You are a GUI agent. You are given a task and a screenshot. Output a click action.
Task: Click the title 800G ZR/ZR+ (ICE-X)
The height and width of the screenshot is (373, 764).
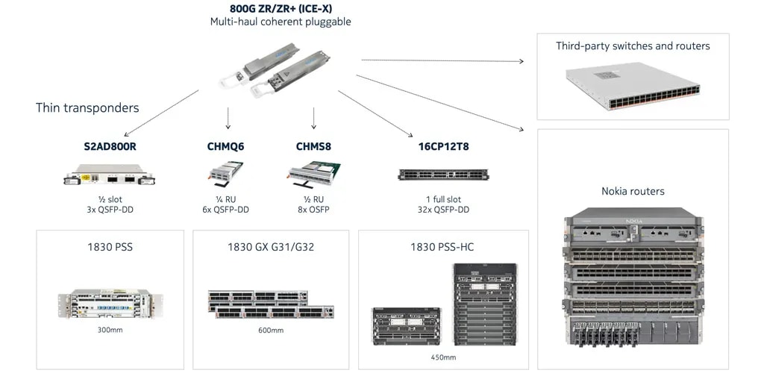pos(280,9)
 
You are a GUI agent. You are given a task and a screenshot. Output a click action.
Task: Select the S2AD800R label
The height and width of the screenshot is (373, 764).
pos(110,146)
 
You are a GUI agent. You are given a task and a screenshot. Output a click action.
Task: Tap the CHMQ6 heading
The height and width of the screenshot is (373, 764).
pos(225,146)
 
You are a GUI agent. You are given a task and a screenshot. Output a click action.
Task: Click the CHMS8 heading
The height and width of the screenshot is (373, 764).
pos(313,146)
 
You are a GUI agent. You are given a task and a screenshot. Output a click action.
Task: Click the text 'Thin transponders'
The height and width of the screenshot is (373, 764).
pos(87,107)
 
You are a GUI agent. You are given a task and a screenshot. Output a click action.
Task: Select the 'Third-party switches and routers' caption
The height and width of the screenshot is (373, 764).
pos(633,46)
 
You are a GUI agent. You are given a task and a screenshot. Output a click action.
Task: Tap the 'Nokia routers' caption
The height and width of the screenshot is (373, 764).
pos(633,191)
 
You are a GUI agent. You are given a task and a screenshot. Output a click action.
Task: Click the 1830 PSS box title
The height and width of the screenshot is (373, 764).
pos(110,246)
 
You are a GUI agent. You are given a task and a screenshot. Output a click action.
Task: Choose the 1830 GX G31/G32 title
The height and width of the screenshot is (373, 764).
pos(271,246)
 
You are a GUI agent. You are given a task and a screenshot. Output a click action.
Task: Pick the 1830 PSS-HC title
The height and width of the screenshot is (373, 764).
pos(442,246)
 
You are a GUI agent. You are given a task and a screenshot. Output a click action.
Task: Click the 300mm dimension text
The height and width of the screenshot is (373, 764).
pos(110,329)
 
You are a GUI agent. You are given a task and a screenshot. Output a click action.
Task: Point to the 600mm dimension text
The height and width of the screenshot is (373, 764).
pos(271,330)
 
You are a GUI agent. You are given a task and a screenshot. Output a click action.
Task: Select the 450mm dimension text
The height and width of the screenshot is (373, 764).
pos(443,357)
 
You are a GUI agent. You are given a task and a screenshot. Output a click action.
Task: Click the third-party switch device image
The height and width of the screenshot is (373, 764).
pos(633,84)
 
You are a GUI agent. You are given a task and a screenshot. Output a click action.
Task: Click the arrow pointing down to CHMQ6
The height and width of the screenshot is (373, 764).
pos(228,118)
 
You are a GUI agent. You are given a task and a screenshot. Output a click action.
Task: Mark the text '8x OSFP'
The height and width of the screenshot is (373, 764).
pos(313,210)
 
